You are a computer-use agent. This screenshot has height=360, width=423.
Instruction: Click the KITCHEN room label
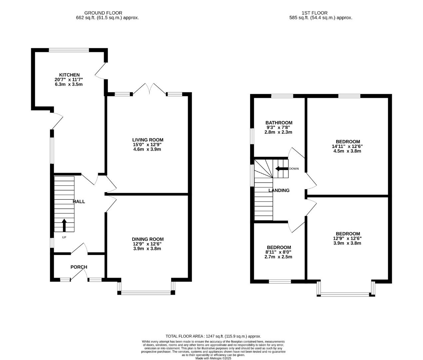coord(69,75)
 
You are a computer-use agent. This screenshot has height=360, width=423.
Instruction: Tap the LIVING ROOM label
coord(148,140)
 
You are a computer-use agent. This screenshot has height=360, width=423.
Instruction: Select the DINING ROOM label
coord(148,239)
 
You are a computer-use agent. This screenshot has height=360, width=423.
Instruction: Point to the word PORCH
coord(79,267)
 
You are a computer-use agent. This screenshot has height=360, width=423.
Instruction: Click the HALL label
coord(79,201)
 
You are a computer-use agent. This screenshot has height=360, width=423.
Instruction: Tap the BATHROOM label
coord(279,123)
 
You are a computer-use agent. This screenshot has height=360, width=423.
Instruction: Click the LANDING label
coord(279,190)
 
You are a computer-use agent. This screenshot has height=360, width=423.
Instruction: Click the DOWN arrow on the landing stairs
coord(281,169)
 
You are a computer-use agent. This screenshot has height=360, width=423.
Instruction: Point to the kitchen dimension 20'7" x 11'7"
coord(69,80)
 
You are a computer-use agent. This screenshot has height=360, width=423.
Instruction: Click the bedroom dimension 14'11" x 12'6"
coord(348,146)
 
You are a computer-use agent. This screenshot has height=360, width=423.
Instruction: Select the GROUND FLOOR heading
coord(103,13)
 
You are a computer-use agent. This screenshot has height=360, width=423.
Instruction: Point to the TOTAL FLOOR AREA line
coord(213,336)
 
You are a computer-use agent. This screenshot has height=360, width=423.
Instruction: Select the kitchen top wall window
coord(69,50)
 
